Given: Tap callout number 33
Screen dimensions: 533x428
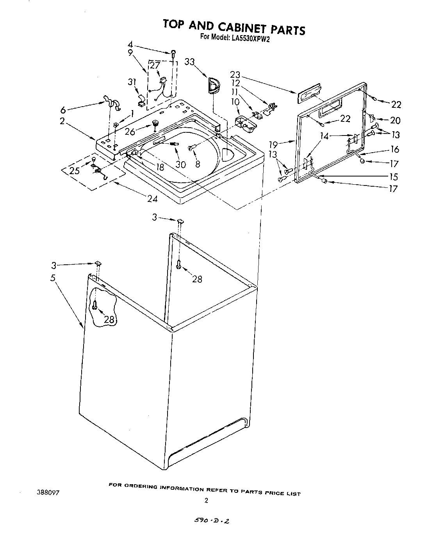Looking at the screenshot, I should (190, 62).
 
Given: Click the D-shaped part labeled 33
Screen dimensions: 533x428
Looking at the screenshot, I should (213, 86).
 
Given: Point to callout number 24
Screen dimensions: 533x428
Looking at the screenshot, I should (152, 199).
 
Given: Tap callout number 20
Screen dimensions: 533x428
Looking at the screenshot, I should (395, 121).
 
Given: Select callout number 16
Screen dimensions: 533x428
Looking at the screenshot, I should (395, 149).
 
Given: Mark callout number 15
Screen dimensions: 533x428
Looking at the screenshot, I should (394, 176).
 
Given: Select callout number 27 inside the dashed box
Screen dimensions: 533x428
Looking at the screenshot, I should (155, 65).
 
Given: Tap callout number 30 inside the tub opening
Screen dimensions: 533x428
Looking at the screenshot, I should (180, 164).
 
